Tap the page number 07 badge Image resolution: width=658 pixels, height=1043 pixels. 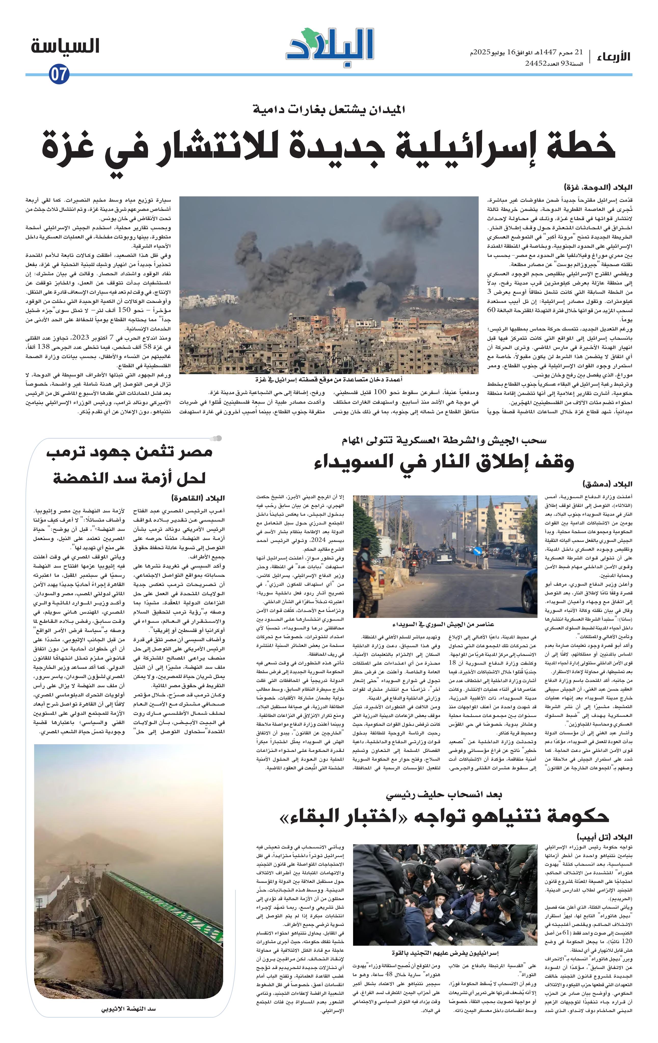coord(59,74)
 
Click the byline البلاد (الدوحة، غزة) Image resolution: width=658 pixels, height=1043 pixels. coord(598,187)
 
